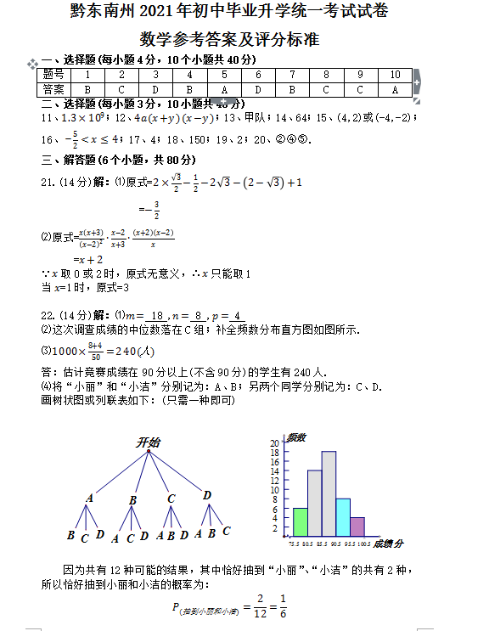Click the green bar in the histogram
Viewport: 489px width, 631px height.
tap(301, 520)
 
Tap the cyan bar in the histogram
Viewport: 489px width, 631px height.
tap(343, 516)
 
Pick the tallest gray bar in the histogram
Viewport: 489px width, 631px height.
tap(329, 492)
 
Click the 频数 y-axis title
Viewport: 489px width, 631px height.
tap(295, 437)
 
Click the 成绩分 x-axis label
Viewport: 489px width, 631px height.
tap(388, 544)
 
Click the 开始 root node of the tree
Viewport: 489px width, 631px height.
tap(148, 442)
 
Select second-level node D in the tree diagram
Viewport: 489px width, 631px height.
tap(206, 495)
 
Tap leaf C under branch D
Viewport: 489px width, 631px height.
tap(227, 532)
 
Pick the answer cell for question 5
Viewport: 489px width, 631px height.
tap(224, 88)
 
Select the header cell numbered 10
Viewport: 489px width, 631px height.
tap(395, 75)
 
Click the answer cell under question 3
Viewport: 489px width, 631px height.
tap(155, 88)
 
